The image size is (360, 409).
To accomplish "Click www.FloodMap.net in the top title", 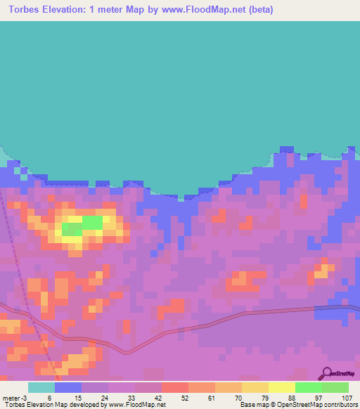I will pyautogui.click(x=202, y=10).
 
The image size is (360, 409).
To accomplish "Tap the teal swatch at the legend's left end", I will pyautogui.click(x=41, y=387).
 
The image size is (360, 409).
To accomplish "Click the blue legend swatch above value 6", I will pyautogui.click(x=68, y=387).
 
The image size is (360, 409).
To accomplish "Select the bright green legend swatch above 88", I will pyautogui.click(x=309, y=387).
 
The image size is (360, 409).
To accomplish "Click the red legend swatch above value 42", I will pyautogui.click(x=175, y=387).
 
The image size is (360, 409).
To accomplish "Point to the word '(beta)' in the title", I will pyautogui.click(x=257, y=10).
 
